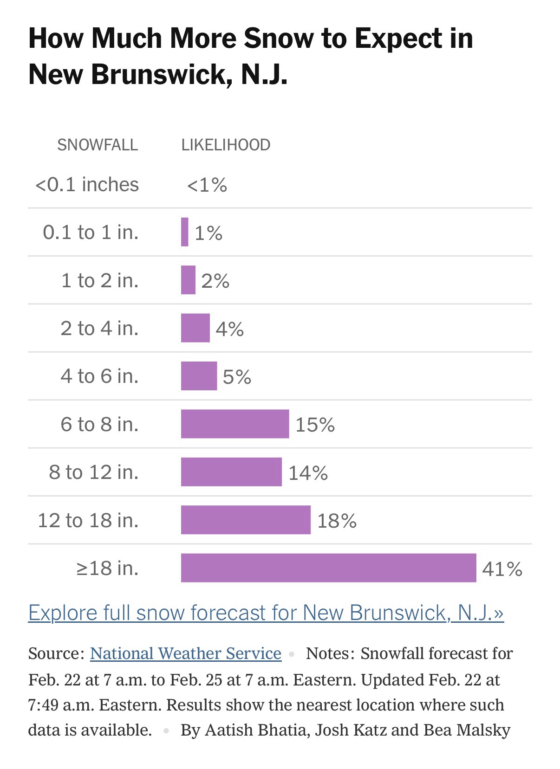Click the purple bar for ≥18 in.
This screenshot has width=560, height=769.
click(x=328, y=568)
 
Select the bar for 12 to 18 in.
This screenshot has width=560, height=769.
click(x=246, y=520)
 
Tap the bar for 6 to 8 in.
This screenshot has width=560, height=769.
click(x=235, y=424)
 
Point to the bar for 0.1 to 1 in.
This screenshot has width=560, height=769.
click(x=185, y=232)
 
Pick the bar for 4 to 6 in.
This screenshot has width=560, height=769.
click(x=199, y=376)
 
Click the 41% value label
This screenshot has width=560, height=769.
click(x=502, y=569)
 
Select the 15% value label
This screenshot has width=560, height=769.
click(x=315, y=425)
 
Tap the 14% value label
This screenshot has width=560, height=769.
click(x=308, y=473)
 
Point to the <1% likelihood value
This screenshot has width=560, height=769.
click(x=207, y=185)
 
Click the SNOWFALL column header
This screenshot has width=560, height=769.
click(x=98, y=145)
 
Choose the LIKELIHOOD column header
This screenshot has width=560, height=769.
click(x=226, y=145)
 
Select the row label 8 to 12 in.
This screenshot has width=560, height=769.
click(x=94, y=472)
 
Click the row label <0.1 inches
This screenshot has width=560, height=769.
click(x=87, y=185)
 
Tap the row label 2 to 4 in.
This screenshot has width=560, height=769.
click(x=99, y=328)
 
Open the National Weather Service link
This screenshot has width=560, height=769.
click(x=186, y=653)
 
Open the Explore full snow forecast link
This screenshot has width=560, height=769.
click(x=266, y=612)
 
